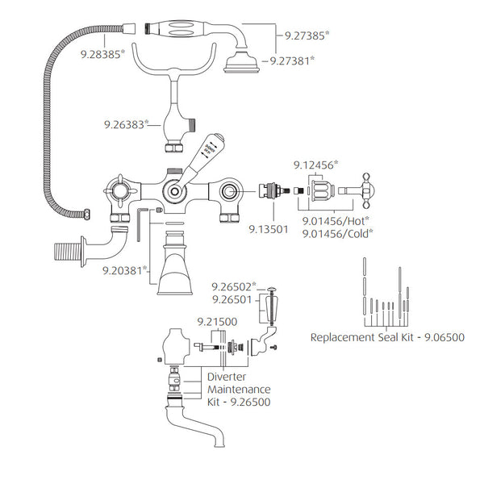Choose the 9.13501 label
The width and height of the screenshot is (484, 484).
[269, 229]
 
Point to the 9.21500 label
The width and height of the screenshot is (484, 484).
[217, 322]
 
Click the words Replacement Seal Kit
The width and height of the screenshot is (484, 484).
[361, 337]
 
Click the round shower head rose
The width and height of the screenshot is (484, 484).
[241, 62]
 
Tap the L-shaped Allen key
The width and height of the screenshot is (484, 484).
[140, 224]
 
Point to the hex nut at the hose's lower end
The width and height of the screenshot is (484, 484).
[87, 215]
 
